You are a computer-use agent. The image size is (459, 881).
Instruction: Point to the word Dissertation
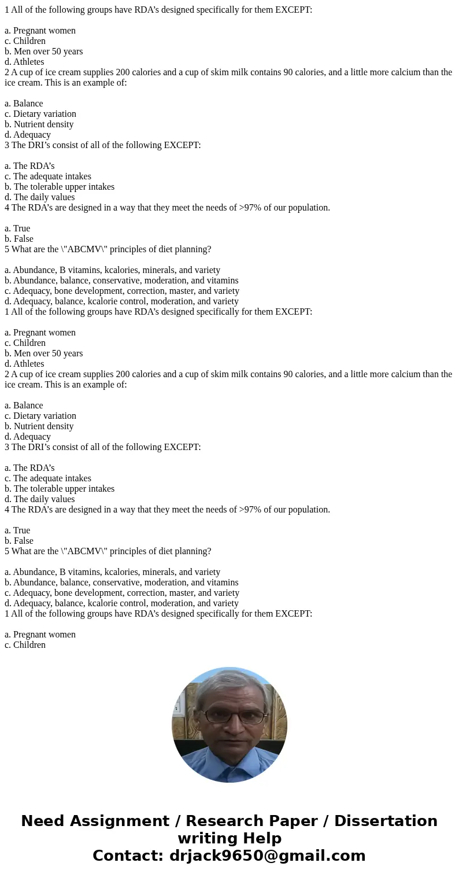click(386, 821)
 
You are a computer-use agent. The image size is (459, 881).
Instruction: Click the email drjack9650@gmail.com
click(266, 856)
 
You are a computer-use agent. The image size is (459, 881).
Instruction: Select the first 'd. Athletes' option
click(24, 62)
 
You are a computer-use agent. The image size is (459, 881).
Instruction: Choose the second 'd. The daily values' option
click(40, 499)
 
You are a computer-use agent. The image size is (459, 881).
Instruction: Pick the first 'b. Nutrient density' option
click(39, 124)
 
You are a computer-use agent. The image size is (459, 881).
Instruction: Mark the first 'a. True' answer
click(17, 228)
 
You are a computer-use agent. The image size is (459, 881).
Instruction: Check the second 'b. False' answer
click(19, 541)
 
